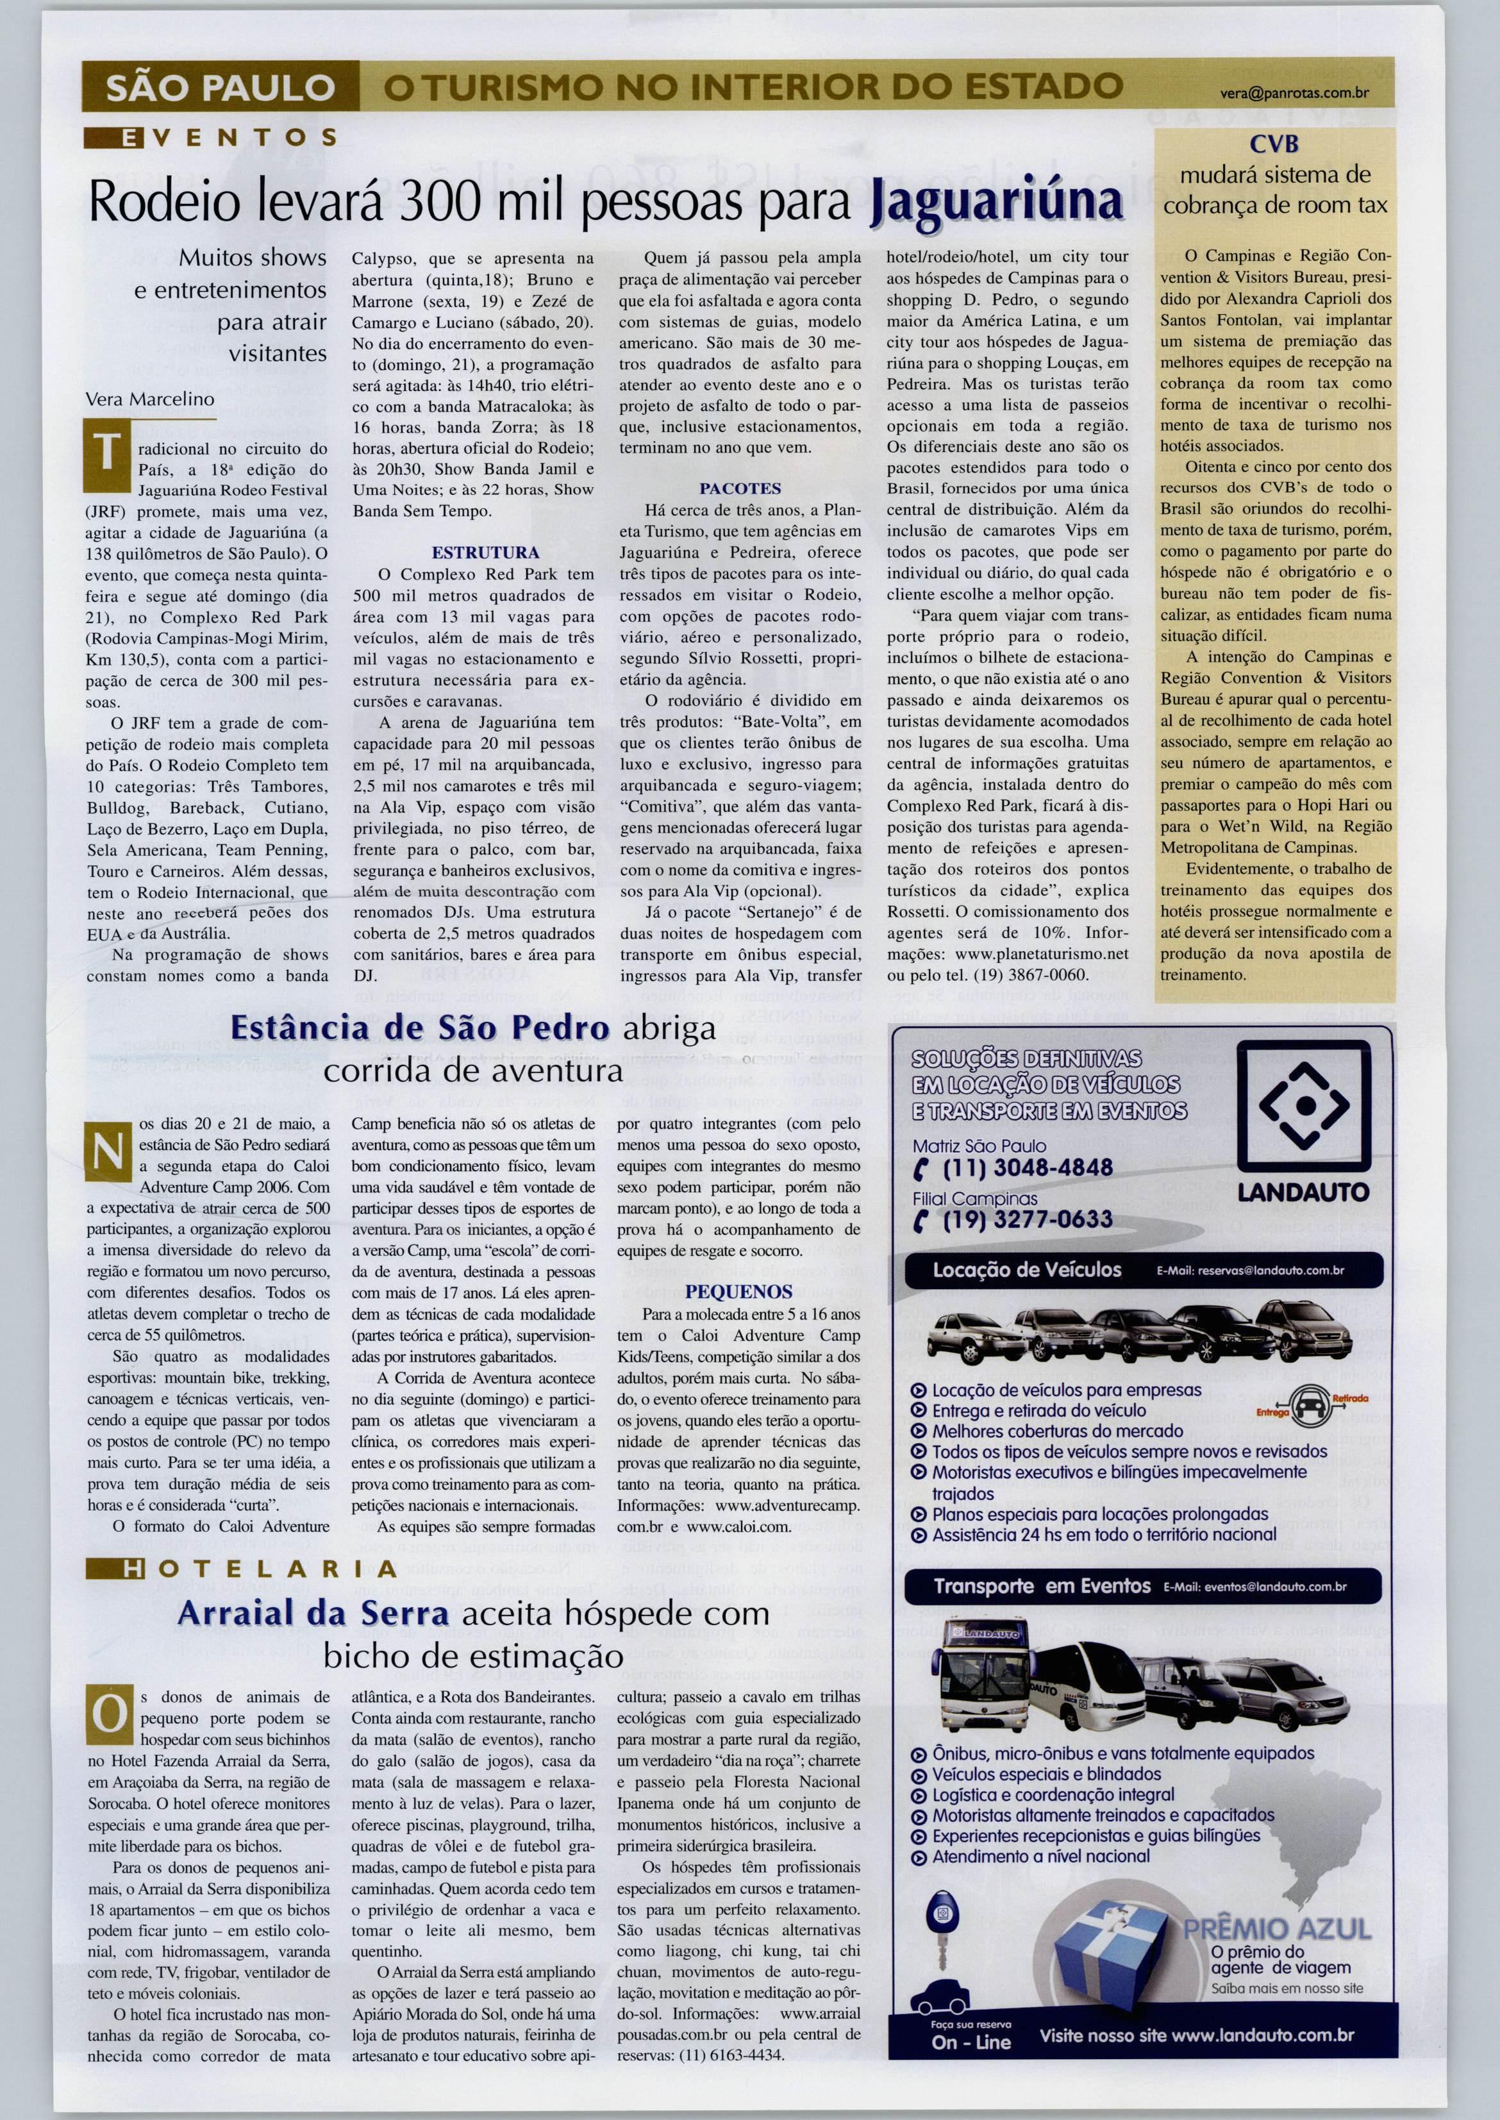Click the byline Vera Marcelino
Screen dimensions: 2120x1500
point(149,399)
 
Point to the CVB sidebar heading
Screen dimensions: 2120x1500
point(1274,145)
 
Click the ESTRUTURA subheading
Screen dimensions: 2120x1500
point(486,553)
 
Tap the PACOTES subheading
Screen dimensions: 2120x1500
point(740,488)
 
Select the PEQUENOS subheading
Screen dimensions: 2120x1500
point(739,1291)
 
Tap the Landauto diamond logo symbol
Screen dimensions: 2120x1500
point(1303,1106)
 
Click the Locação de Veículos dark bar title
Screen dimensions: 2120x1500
point(1027,1270)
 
